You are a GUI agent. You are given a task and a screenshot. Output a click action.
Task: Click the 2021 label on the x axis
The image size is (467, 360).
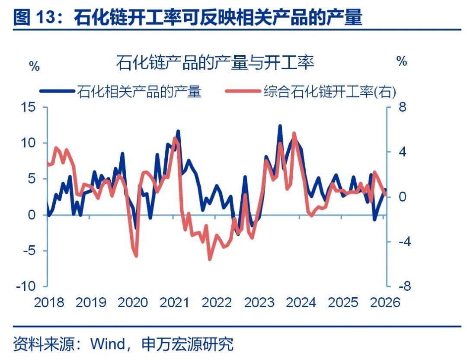[x=175, y=302]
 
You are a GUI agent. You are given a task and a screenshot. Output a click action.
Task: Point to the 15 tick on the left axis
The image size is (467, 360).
[x=28, y=107]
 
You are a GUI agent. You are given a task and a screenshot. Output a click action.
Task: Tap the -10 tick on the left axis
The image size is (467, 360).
[x=26, y=286]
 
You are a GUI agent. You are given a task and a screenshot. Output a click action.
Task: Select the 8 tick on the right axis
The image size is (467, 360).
[x=403, y=107]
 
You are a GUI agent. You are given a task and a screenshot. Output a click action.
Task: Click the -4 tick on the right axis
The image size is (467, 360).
[x=405, y=241]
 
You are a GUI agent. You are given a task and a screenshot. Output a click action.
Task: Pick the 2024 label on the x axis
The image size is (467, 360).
[x=301, y=302]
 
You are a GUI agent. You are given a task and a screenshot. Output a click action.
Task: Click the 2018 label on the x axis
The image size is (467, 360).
[x=49, y=302]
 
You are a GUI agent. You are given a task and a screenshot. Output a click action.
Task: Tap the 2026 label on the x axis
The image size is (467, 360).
[x=385, y=302]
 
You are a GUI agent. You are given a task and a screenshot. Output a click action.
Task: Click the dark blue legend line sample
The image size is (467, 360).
[x=57, y=91]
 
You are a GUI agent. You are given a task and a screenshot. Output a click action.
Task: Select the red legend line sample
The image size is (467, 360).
[x=243, y=91]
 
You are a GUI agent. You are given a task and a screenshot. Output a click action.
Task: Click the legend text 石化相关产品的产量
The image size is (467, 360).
[x=139, y=91]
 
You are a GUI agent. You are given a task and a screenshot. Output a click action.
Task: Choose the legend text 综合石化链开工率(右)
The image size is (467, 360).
[x=329, y=91]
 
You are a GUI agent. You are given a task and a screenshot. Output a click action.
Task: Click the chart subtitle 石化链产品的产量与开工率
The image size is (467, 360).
[x=215, y=62]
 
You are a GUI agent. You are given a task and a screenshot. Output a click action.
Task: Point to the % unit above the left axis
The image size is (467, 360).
[x=34, y=66]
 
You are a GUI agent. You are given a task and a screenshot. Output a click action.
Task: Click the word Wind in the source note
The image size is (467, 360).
[x=108, y=344]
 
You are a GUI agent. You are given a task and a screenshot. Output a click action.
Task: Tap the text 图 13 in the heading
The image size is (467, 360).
[x=35, y=17]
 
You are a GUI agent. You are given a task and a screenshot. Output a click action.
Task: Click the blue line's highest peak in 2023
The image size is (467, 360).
[x=280, y=126]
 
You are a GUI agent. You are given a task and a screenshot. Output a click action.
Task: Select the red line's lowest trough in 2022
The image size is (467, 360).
[x=209, y=259]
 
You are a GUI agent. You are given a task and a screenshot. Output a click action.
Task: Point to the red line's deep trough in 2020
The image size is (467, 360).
[x=136, y=256]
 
